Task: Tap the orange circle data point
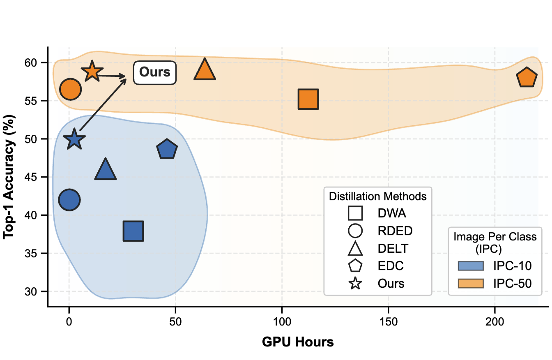[x=70, y=89]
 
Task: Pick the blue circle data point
[x=69, y=200]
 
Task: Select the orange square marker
[x=308, y=99]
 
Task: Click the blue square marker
[x=133, y=231]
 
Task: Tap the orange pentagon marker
[x=527, y=78]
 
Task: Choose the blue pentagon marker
[x=167, y=150]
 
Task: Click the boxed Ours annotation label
[x=154, y=72]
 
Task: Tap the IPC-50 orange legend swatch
[x=471, y=284]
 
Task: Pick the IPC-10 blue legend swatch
[x=471, y=266]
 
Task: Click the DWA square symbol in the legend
[x=355, y=213]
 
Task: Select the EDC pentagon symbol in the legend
[x=355, y=266]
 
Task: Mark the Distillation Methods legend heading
[x=378, y=196]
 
